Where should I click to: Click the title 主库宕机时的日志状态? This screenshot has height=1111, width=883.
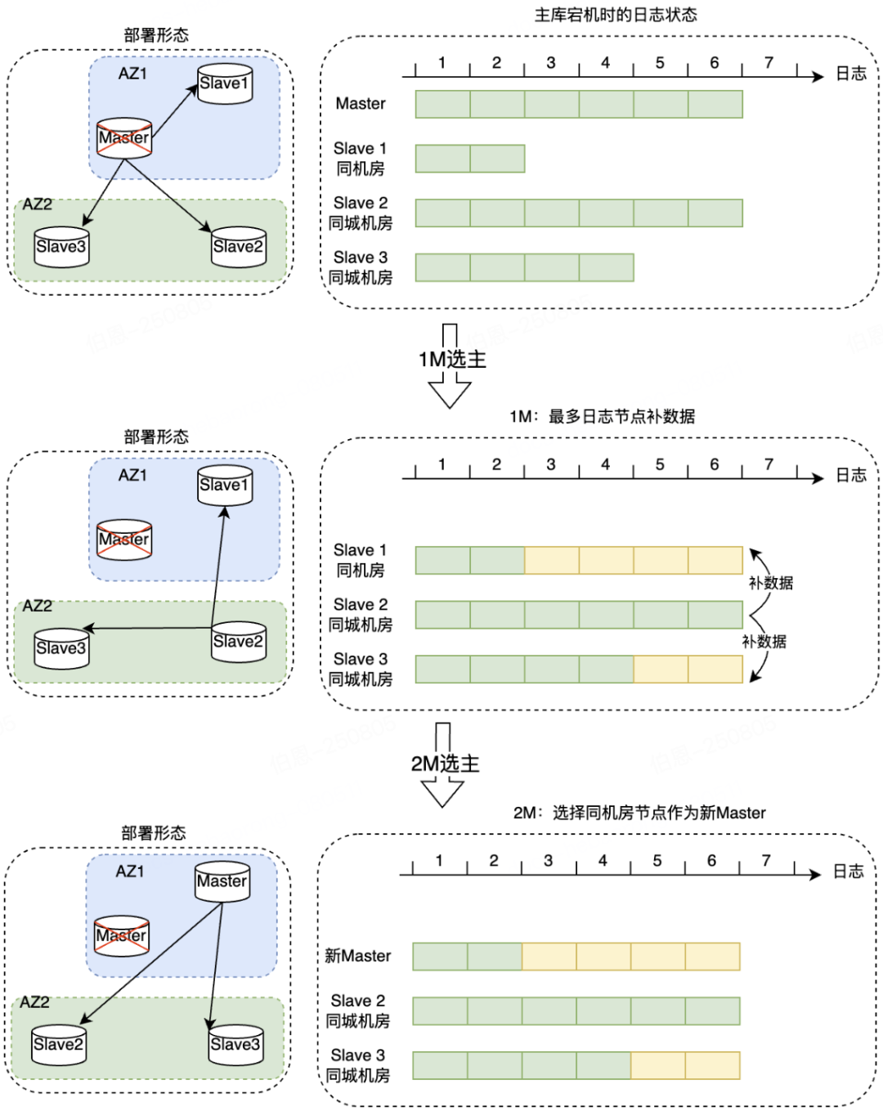point(615,15)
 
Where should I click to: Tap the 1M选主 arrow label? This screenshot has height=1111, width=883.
point(452,360)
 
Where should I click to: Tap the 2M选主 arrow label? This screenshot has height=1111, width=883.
point(445,764)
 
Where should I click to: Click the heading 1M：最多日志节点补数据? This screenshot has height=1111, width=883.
point(602,416)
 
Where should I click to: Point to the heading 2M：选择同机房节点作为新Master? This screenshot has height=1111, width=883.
point(639,813)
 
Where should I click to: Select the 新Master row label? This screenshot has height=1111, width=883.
point(357,956)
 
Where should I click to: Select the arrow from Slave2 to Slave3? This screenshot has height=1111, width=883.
point(147,628)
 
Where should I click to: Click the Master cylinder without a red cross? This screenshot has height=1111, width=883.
point(222,882)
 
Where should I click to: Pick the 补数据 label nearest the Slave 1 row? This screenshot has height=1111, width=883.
point(770,583)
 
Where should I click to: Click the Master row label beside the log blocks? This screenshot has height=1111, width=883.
point(360,104)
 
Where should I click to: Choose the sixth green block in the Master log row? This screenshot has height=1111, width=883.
point(715,104)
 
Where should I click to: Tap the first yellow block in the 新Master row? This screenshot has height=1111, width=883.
point(549,956)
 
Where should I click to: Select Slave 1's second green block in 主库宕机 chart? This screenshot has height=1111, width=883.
point(497,159)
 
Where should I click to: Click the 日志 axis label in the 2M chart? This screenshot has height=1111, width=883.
point(848,871)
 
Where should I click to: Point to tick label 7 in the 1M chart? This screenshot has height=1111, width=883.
point(768,464)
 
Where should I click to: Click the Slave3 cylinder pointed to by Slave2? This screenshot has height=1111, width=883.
point(61,648)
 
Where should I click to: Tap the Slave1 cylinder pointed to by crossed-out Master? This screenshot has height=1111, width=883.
point(225,83)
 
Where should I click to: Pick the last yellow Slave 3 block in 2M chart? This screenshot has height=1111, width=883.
point(712,1065)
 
